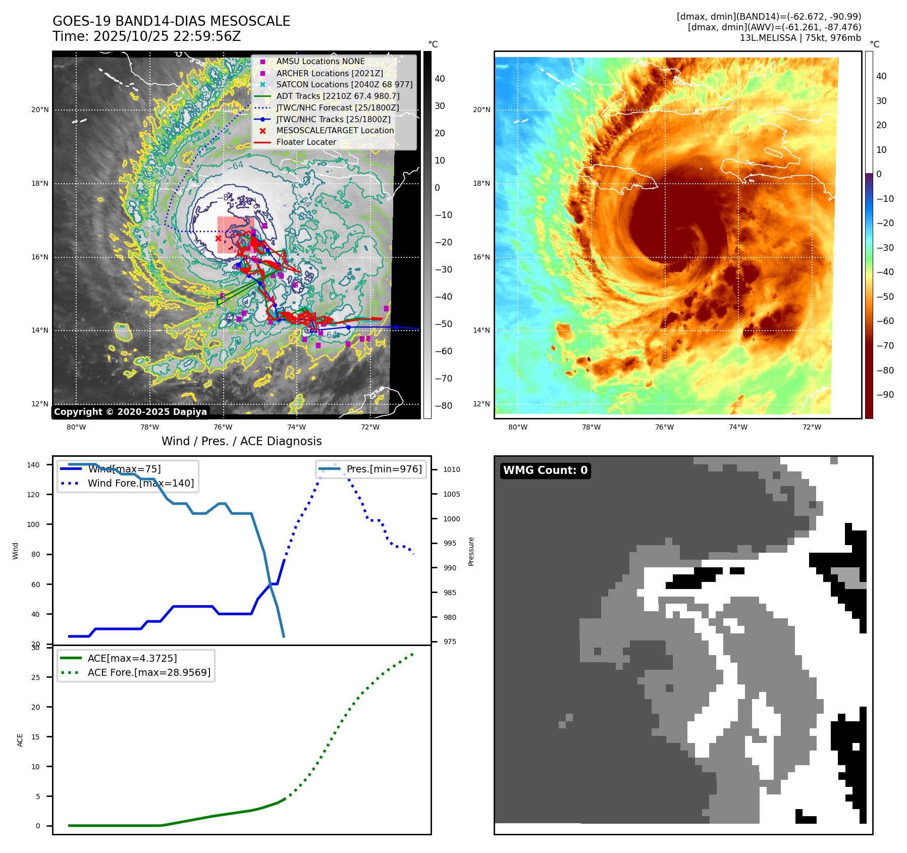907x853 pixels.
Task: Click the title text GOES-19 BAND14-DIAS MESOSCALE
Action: (x=171, y=21)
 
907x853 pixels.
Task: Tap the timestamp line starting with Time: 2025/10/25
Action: (x=146, y=36)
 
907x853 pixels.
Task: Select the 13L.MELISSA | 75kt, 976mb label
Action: (x=800, y=38)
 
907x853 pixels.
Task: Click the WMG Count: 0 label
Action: (x=545, y=470)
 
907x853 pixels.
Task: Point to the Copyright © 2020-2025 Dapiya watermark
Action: (x=130, y=412)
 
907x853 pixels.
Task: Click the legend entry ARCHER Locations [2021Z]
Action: (x=330, y=73)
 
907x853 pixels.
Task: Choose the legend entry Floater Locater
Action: (x=306, y=142)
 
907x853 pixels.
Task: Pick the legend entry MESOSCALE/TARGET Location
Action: (x=335, y=131)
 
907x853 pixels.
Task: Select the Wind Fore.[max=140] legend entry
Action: (x=140, y=483)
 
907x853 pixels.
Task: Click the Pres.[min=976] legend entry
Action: (x=384, y=469)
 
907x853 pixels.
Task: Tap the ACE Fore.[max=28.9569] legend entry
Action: (x=149, y=672)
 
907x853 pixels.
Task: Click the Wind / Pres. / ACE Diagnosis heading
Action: (x=241, y=441)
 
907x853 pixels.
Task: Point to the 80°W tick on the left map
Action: (x=76, y=427)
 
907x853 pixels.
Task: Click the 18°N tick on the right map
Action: (x=481, y=183)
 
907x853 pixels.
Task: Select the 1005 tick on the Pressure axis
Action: (x=452, y=494)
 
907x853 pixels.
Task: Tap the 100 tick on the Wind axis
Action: (x=33, y=524)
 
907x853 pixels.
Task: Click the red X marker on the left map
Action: (x=218, y=238)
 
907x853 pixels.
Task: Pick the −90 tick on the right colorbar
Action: (x=885, y=395)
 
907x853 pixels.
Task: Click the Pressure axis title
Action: (x=471, y=551)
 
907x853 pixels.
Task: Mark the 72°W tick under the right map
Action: (x=812, y=427)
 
